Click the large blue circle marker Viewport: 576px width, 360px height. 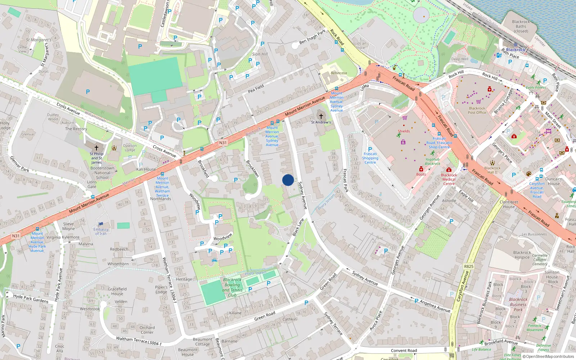point(288,180)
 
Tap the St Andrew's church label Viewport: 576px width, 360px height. point(321,122)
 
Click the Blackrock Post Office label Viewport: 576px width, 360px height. point(477,110)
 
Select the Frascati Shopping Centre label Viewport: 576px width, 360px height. point(370,158)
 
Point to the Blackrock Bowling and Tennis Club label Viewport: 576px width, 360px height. point(232,287)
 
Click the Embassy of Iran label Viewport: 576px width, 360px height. point(101,231)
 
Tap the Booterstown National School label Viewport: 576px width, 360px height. point(102,173)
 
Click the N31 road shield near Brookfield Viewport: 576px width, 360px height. point(223,143)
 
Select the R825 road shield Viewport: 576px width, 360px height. point(469,266)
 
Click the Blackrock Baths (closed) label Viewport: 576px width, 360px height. point(521,26)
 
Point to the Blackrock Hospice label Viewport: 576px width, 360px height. point(522,255)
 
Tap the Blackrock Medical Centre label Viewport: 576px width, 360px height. point(449,179)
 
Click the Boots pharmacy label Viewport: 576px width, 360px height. point(421,174)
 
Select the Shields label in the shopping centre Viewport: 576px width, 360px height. point(404,131)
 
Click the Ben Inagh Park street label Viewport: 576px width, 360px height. point(312,36)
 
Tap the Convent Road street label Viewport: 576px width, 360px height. point(404,350)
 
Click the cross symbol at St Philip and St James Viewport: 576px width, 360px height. point(96,148)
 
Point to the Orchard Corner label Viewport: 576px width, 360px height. point(147,330)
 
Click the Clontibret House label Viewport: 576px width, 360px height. point(509,204)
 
